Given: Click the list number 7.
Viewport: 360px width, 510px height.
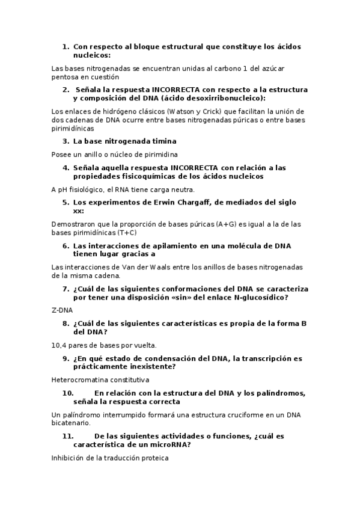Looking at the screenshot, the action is point(66,289).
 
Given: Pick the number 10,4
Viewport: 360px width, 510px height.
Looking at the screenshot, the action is point(61,345).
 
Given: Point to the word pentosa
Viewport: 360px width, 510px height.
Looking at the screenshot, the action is point(66,76).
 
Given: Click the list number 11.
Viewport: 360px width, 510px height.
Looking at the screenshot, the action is point(67,436).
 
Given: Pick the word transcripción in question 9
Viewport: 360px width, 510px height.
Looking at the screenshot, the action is point(257,358).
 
